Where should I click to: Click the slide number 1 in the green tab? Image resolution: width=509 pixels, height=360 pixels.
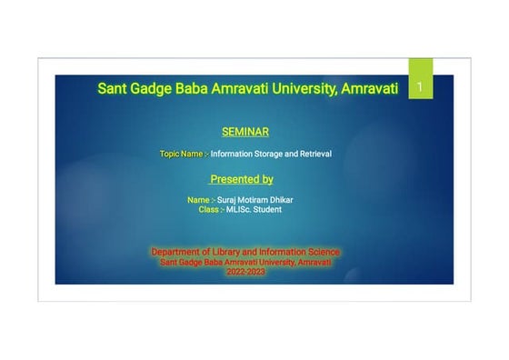tap(420, 87)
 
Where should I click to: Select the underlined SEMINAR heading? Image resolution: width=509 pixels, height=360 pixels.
tap(245, 132)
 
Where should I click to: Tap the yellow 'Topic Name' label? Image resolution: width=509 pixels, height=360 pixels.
tap(181, 154)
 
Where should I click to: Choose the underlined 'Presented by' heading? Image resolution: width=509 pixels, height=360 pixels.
tap(242, 179)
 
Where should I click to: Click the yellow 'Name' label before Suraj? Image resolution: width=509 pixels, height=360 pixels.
tap(198, 199)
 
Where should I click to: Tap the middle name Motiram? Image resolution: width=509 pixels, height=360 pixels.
tap(257, 199)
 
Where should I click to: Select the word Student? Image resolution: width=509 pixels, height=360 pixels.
tap(268, 209)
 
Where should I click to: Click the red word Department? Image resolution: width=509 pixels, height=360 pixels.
tap(174, 251)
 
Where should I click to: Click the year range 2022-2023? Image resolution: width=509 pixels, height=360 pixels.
tap(246, 272)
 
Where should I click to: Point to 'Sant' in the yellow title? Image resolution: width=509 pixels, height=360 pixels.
tap(115, 89)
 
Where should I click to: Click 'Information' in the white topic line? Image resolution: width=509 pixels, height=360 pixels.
tap(231, 154)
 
